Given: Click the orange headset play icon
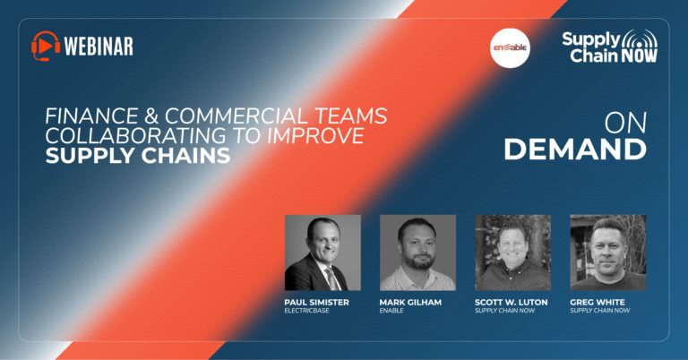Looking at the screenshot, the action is (x=46, y=46).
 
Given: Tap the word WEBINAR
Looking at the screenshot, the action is (x=99, y=46).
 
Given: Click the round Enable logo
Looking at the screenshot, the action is (x=510, y=47).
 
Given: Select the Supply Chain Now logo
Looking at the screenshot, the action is (x=610, y=46).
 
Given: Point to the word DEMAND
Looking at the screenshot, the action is (x=575, y=150).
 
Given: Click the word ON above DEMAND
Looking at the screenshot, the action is (x=625, y=124).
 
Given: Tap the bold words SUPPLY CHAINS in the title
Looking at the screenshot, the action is (x=138, y=156).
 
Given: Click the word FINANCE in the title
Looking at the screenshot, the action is (x=91, y=116).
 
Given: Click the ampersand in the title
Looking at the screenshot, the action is (x=151, y=116).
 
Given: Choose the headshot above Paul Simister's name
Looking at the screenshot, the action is (x=322, y=253).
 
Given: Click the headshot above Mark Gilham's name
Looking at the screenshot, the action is (x=417, y=253).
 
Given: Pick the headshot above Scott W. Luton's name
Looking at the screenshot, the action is (x=513, y=253).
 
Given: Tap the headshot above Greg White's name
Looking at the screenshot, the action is (x=608, y=253).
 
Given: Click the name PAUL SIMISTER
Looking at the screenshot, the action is (x=317, y=302).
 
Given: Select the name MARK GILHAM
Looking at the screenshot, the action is (x=410, y=302).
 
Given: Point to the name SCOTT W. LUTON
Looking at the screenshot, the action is (x=512, y=302).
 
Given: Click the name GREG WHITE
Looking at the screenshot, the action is (x=598, y=302).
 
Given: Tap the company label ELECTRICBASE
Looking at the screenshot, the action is (x=306, y=311).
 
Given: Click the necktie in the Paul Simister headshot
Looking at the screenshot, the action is (x=331, y=279).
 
